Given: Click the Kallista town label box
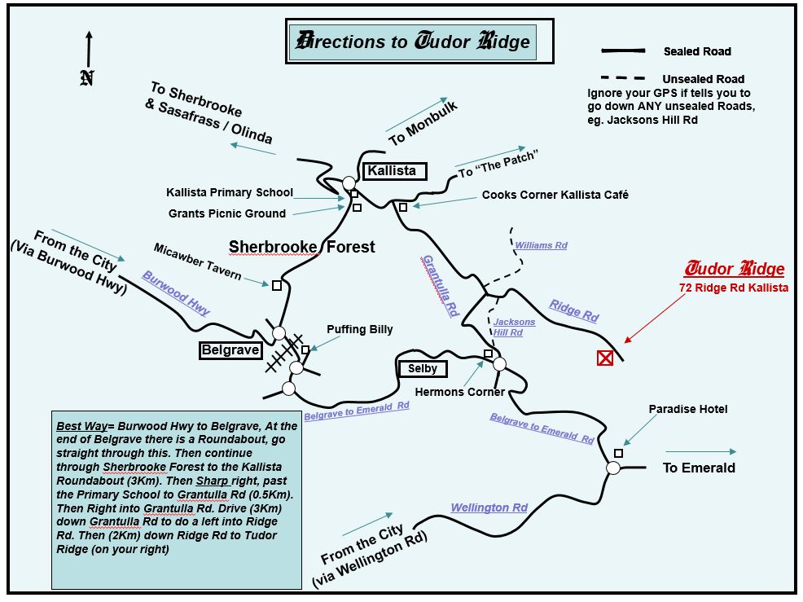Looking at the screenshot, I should click(x=392, y=171).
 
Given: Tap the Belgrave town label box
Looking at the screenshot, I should click(x=231, y=350).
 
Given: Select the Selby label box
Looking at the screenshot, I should click(x=423, y=368).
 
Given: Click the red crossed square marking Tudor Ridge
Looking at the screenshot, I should click(x=605, y=358).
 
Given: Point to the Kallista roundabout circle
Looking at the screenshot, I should click(x=349, y=182).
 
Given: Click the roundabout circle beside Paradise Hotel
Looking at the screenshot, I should click(x=613, y=468).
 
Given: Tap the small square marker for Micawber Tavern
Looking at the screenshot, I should click(x=277, y=285).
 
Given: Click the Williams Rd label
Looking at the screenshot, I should click(x=541, y=245).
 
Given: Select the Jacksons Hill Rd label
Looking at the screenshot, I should click(x=514, y=327).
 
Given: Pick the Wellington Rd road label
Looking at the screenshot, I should click(x=489, y=508).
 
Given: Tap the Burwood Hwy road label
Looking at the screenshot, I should click(x=176, y=292).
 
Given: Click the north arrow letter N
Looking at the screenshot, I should click(x=87, y=77).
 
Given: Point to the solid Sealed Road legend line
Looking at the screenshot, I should click(x=623, y=51).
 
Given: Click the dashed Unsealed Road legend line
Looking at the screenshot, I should click(x=623, y=78).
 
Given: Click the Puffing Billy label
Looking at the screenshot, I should click(x=360, y=329).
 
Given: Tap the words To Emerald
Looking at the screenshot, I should click(x=699, y=468).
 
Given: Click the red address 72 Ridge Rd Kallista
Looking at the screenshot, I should click(x=733, y=288).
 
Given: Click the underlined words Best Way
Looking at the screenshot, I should click(x=80, y=426).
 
